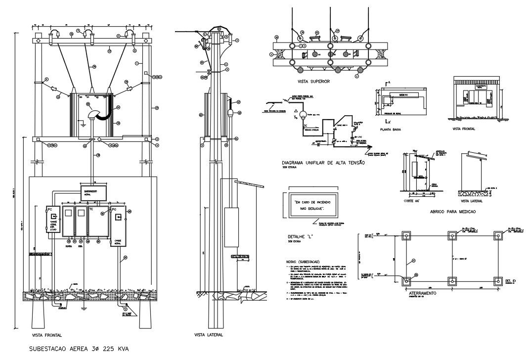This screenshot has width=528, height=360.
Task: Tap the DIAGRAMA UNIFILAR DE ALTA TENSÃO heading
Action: (x=323, y=163)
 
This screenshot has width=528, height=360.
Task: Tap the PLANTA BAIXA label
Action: (x=390, y=130)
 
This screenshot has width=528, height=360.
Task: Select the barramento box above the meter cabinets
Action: (x=93, y=192)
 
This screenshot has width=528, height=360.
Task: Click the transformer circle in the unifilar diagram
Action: (x=299, y=112)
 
